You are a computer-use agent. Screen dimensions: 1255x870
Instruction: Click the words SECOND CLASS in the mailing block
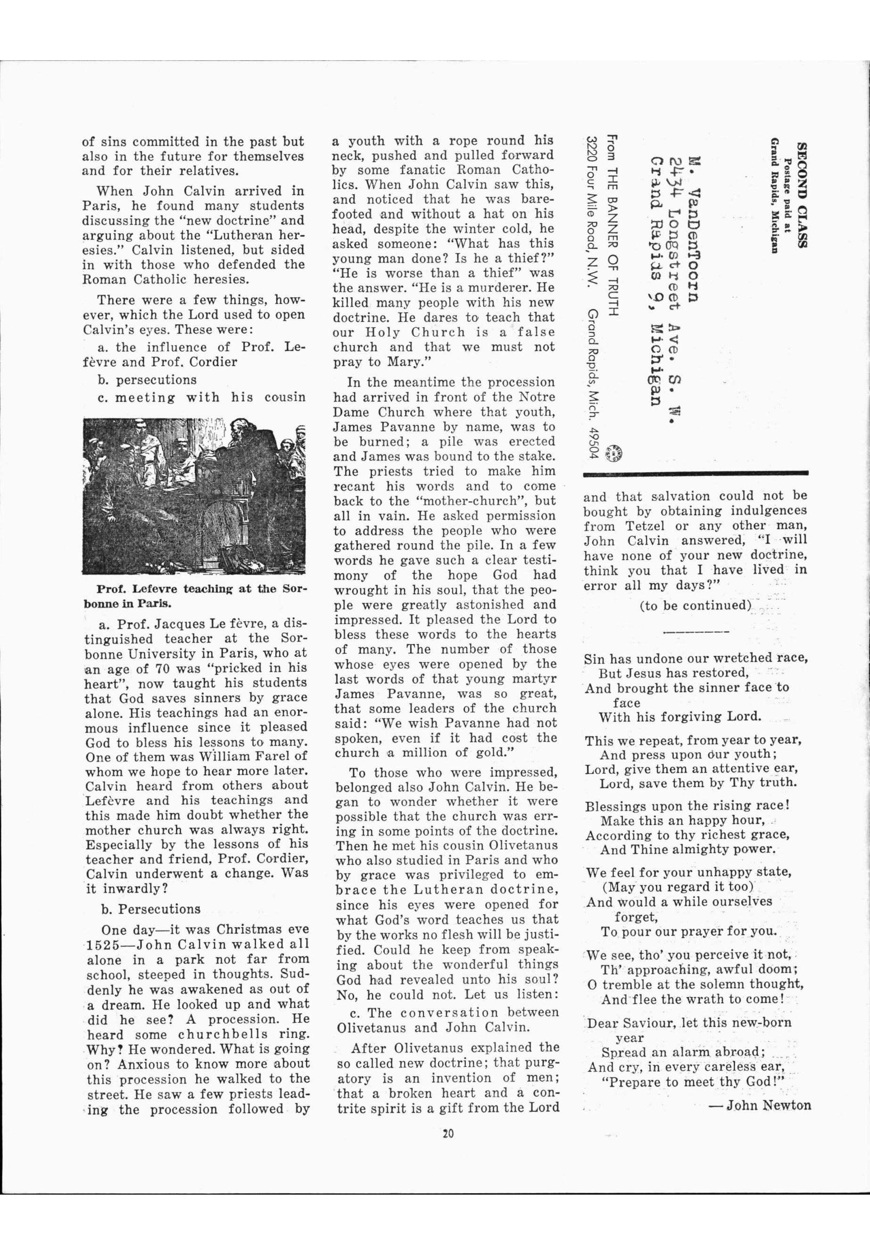801,195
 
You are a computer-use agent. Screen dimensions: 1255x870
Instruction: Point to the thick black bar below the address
696,473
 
